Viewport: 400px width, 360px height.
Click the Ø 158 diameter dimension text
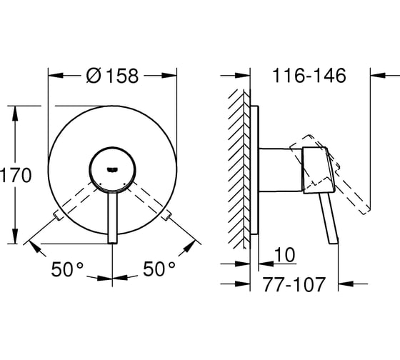pyautogui.click(x=113, y=76)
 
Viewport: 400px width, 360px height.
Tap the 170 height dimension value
pyautogui.click(x=16, y=175)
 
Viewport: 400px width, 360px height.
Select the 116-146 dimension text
pyautogui.click(x=309, y=76)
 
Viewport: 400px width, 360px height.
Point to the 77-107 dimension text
pyautogui.click(x=294, y=284)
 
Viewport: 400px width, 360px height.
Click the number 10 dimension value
pyautogui.click(x=285, y=254)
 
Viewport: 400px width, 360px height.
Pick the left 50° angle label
pyautogui.click(x=67, y=269)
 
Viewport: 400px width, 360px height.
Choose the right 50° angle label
pyautogui.click(x=159, y=269)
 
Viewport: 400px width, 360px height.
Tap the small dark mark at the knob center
pyautogui.click(x=112, y=169)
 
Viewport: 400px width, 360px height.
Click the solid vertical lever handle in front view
pyautogui.click(x=112, y=218)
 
